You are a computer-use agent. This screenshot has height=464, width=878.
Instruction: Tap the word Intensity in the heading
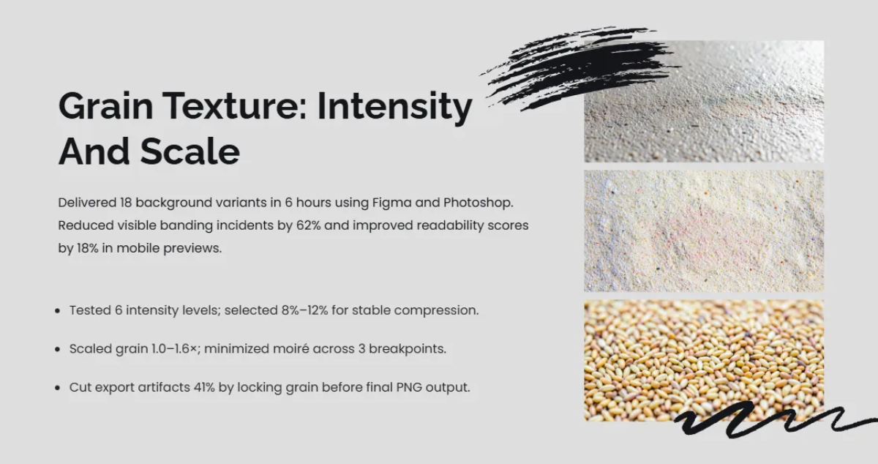coord(394,107)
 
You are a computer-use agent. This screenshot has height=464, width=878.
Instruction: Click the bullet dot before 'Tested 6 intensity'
coord(58,311)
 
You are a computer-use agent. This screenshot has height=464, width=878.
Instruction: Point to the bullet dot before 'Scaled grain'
coord(58,350)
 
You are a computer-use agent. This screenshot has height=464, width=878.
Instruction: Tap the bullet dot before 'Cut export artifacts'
coord(58,388)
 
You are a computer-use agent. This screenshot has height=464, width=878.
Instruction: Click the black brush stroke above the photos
coord(578,66)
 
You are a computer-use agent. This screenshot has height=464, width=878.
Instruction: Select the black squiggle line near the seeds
coord(768,422)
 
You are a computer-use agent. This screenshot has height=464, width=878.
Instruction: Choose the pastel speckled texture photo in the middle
coord(703,231)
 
